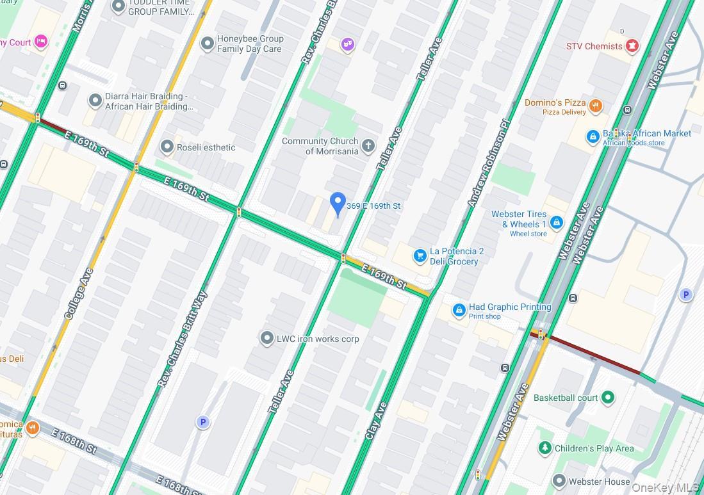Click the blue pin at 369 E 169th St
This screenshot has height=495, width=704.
coord(338,204)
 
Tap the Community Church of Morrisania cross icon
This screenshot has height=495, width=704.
coord(368,145)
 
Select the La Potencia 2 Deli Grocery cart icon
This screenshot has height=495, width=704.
coord(420,256)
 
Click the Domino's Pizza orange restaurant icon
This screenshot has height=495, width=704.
coord(596,106)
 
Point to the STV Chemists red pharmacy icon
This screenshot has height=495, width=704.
coord(632,46)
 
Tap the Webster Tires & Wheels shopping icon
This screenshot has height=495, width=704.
coord(557,222)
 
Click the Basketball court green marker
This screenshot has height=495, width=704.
coord(608,398)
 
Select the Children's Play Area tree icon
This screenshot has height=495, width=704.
coord(544,448)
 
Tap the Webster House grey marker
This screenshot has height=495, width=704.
coord(559,481)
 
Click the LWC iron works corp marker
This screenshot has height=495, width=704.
coord(267,338)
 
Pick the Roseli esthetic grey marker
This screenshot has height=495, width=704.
coord(167,147)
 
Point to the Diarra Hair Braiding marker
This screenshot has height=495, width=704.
coord(95,101)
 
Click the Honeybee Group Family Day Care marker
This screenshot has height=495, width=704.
coord(207,44)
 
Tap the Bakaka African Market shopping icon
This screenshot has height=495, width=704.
coord(593,136)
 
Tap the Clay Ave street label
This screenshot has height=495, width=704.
coord(377,420)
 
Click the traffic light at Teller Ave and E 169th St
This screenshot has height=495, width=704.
coord(343,259)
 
